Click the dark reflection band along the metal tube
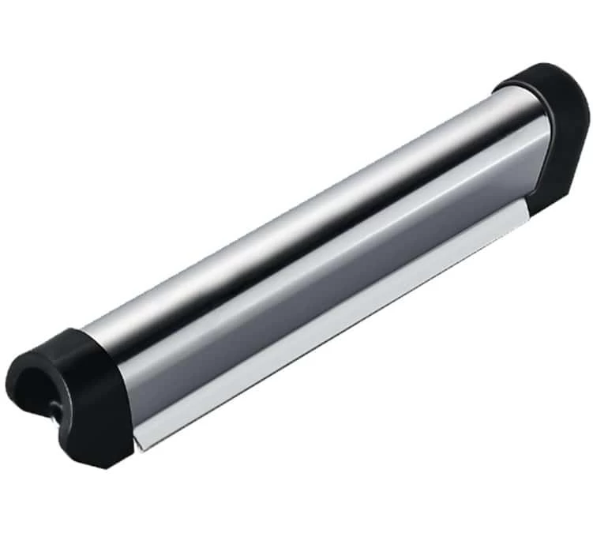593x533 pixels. (x=316, y=237)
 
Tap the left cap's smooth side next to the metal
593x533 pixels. (x=107, y=395)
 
